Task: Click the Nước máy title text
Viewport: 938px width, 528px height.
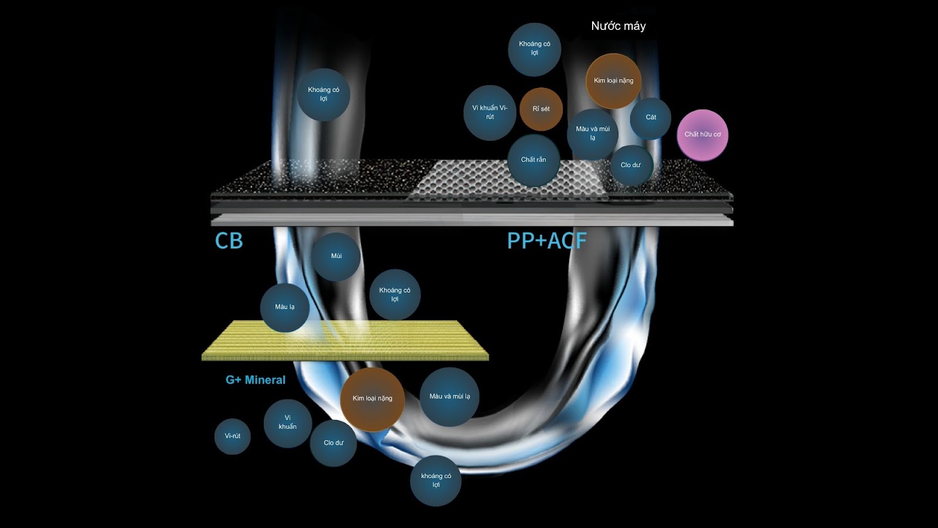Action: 618,26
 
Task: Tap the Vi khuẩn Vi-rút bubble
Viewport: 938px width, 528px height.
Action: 490,113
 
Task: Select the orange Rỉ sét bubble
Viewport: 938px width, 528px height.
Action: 541,109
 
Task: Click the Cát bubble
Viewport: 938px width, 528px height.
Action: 651,117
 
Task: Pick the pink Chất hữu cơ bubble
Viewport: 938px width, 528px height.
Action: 702,134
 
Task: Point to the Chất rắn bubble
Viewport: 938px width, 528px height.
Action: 533,160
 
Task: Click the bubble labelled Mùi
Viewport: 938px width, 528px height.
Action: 336,256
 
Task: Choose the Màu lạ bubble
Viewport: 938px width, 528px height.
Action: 285,307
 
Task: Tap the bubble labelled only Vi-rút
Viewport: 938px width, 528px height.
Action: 233,436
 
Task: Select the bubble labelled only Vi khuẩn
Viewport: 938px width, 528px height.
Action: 287,423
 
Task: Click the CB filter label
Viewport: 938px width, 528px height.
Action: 229,241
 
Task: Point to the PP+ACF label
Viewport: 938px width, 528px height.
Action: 546,241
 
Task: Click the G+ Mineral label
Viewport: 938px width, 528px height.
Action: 256,380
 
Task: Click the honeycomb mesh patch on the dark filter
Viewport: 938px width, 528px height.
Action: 504,179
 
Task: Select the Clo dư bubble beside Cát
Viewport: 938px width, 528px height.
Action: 631,165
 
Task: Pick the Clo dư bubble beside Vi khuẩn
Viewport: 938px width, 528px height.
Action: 334,443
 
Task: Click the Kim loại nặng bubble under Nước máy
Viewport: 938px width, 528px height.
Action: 613,81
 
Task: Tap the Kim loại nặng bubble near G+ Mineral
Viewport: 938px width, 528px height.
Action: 372,399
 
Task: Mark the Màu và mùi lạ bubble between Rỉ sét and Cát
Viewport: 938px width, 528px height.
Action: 593,134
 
